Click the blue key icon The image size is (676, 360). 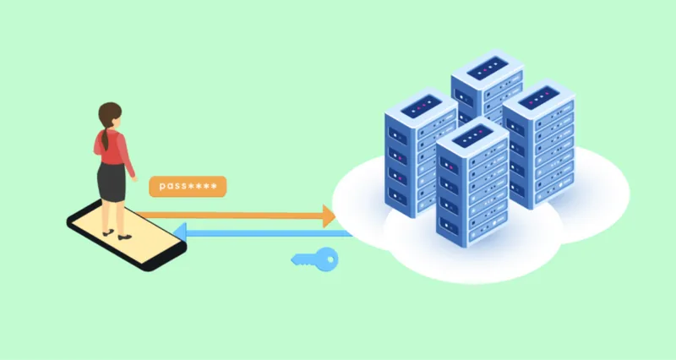click(315, 259)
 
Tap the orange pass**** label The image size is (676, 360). click(188, 186)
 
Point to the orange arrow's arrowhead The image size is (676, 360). click(329, 216)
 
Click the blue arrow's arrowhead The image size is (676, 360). click(180, 232)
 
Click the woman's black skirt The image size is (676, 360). click(112, 182)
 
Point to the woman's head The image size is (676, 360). click(110, 115)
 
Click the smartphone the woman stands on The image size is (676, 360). click(127, 235)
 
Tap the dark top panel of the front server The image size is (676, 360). click(472, 136)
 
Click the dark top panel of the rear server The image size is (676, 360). click(488, 68)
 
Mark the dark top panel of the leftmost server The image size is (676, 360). click(421, 106)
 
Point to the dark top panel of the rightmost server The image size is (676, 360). click(539, 98)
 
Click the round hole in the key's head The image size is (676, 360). click(330, 259)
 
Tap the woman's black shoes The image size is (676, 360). click(117, 235)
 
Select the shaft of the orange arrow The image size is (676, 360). click(229, 215)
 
